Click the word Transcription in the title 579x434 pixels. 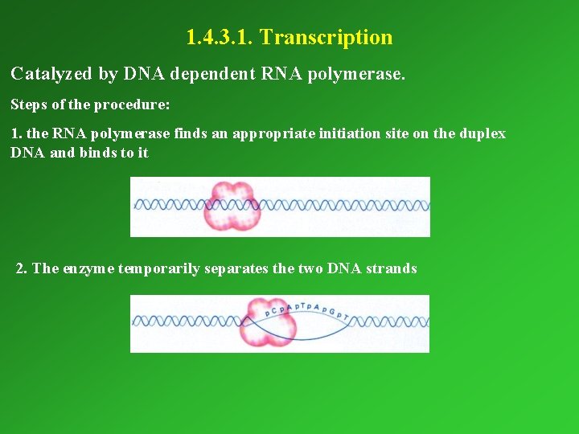pyautogui.click(x=326, y=38)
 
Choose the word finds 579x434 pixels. pyautogui.click(x=191, y=133)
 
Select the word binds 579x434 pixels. pyautogui.click(x=98, y=153)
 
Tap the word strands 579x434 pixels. pyautogui.click(x=392, y=268)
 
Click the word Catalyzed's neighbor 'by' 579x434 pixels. pyautogui.click(x=109, y=75)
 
